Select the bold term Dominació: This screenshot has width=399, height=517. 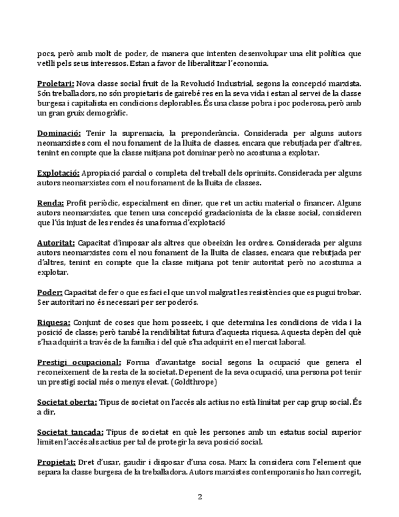59,133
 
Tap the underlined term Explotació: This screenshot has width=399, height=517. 58,173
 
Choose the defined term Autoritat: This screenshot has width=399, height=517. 56,243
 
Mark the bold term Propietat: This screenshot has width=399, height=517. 56,462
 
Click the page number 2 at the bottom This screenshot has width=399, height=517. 199,497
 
